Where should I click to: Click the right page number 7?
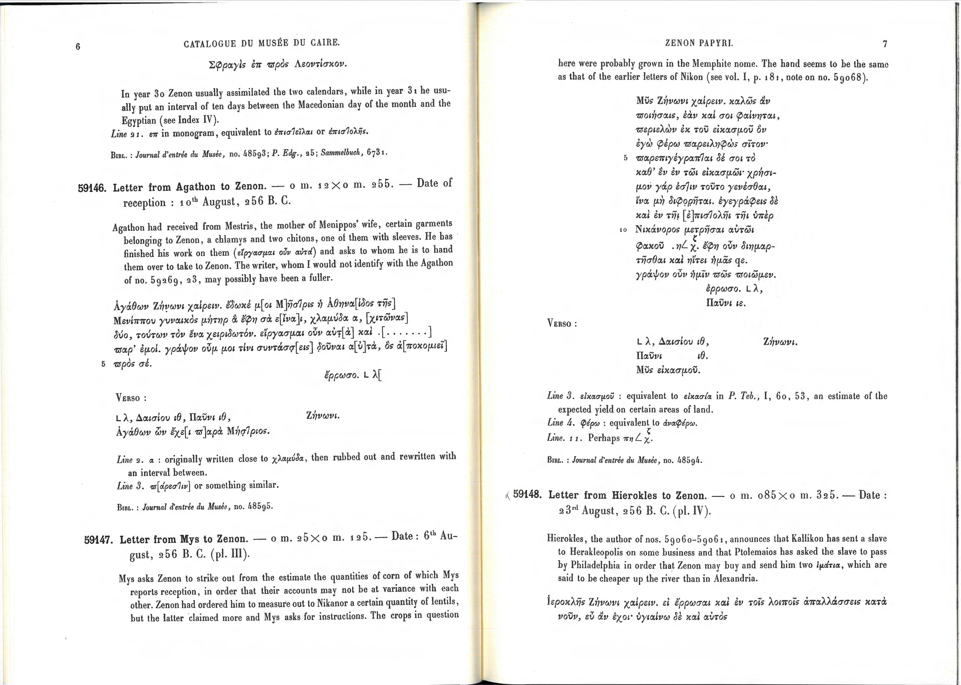tap(885, 43)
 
